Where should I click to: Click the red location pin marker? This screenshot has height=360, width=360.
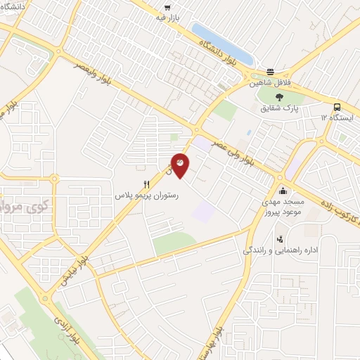click(x=180, y=165)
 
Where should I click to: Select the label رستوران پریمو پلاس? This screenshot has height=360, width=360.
click(x=147, y=197)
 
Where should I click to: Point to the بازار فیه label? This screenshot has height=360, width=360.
click(x=169, y=16)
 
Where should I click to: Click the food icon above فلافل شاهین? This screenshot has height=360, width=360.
click(x=271, y=71)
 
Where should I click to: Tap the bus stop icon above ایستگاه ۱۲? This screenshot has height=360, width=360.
click(x=338, y=107)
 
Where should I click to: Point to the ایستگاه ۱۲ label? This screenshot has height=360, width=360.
click(x=336, y=117)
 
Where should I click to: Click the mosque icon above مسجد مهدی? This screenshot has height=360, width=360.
click(x=283, y=191)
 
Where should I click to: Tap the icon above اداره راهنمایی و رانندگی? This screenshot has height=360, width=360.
click(x=281, y=239)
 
